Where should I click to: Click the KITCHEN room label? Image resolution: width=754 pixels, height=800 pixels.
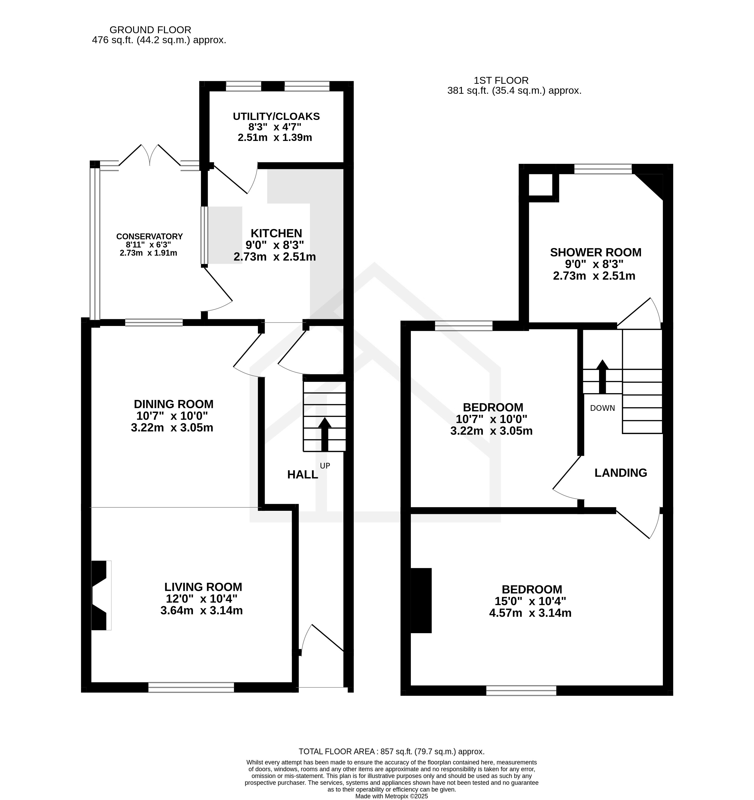[276, 233]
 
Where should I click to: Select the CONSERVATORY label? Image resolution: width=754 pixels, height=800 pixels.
[149, 237]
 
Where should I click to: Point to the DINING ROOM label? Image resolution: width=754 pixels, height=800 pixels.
[174, 404]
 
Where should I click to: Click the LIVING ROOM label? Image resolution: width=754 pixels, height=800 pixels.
[203, 587]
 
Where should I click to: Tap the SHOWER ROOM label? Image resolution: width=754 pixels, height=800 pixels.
[596, 252]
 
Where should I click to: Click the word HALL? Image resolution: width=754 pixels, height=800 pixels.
[303, 475]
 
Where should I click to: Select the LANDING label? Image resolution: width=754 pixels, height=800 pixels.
[621, 473]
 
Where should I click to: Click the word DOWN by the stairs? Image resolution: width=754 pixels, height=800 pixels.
[603, 408]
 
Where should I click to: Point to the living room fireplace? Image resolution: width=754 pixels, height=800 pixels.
[101, 596]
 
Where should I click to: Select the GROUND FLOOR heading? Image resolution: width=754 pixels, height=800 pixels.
[150, 30]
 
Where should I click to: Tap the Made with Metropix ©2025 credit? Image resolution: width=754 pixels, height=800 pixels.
[392, 796]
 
